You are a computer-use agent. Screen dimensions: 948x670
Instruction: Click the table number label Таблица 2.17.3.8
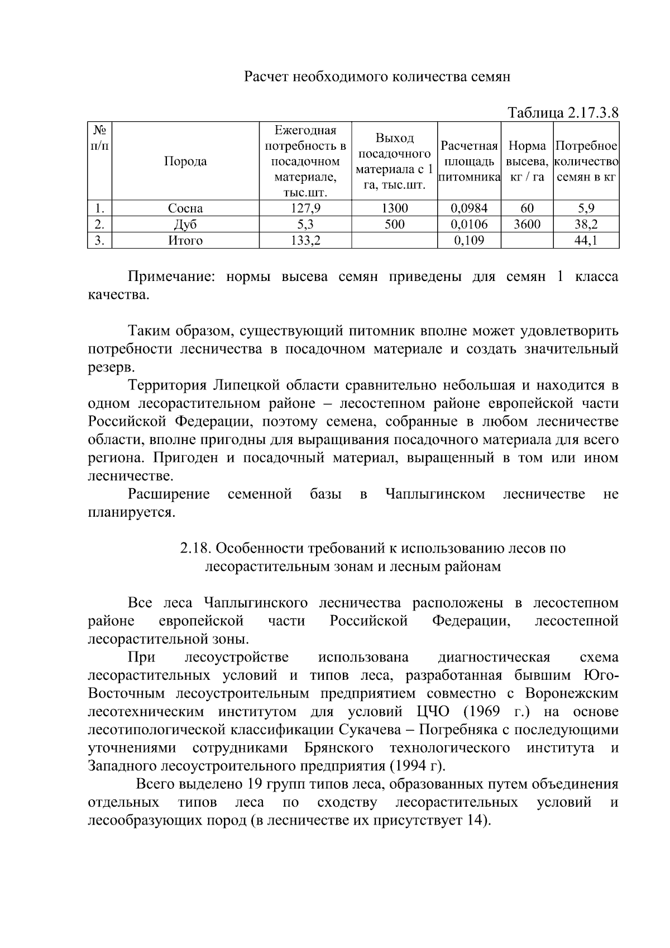pyautogui.click(x=563, y=112)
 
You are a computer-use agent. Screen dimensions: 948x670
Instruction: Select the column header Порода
pyautogui.click(x=185, y=161)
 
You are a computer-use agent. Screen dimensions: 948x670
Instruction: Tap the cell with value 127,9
pyautogui.click(x=305, y=208)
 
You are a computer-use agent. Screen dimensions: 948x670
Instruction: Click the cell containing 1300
pyautogui.click(x=394, y=208)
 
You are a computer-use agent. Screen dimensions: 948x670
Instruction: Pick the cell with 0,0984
pyautogui.click(x=469, y=208)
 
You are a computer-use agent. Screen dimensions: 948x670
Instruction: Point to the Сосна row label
pyautogui.click(x=185, y=209)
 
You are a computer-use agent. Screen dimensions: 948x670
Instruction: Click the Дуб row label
pyautogui.click(x=185, y=225)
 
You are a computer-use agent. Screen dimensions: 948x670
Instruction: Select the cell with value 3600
pyautogui.click(x=527, y=225)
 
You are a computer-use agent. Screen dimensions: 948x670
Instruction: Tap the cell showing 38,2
pyautogui.click(x=586, y=225)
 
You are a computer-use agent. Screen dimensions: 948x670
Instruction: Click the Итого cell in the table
pyautogui.click(x=185, y=241)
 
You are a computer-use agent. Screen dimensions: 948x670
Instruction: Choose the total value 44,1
pyautogui.click(x=586, y=241)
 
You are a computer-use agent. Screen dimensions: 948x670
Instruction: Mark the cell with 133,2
pyautogui.click(x=305, y=241)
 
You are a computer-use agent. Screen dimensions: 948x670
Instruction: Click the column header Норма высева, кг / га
pyautogui.click(x=527, y=161)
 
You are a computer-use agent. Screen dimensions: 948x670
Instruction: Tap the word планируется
pyautogui.click(x=132, y=512)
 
